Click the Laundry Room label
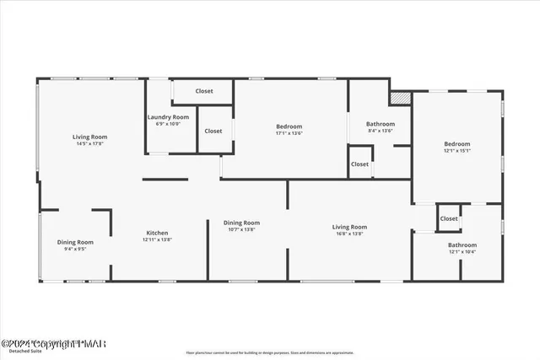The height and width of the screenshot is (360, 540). tap(168, 117)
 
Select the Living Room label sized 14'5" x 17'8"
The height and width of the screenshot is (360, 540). tap(89, 137)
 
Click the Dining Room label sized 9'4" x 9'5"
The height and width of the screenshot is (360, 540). tap(75, 242)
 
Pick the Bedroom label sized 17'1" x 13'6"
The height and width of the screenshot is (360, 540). tap(289, 126)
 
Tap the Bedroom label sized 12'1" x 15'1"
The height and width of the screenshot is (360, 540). tap(457, 144)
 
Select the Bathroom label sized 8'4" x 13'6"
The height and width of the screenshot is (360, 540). tap(381, 124)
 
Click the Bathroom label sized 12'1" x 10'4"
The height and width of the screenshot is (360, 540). tap(462, 245)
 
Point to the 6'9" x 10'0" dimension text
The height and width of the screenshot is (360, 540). tap(169, 124)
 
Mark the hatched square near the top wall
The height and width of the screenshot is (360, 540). tap(401, 98)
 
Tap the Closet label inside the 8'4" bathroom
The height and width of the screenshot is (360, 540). tap(359, 164)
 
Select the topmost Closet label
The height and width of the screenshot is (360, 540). tap(204, 91)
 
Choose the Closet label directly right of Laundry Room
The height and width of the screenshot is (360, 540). tap(213, 131)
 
